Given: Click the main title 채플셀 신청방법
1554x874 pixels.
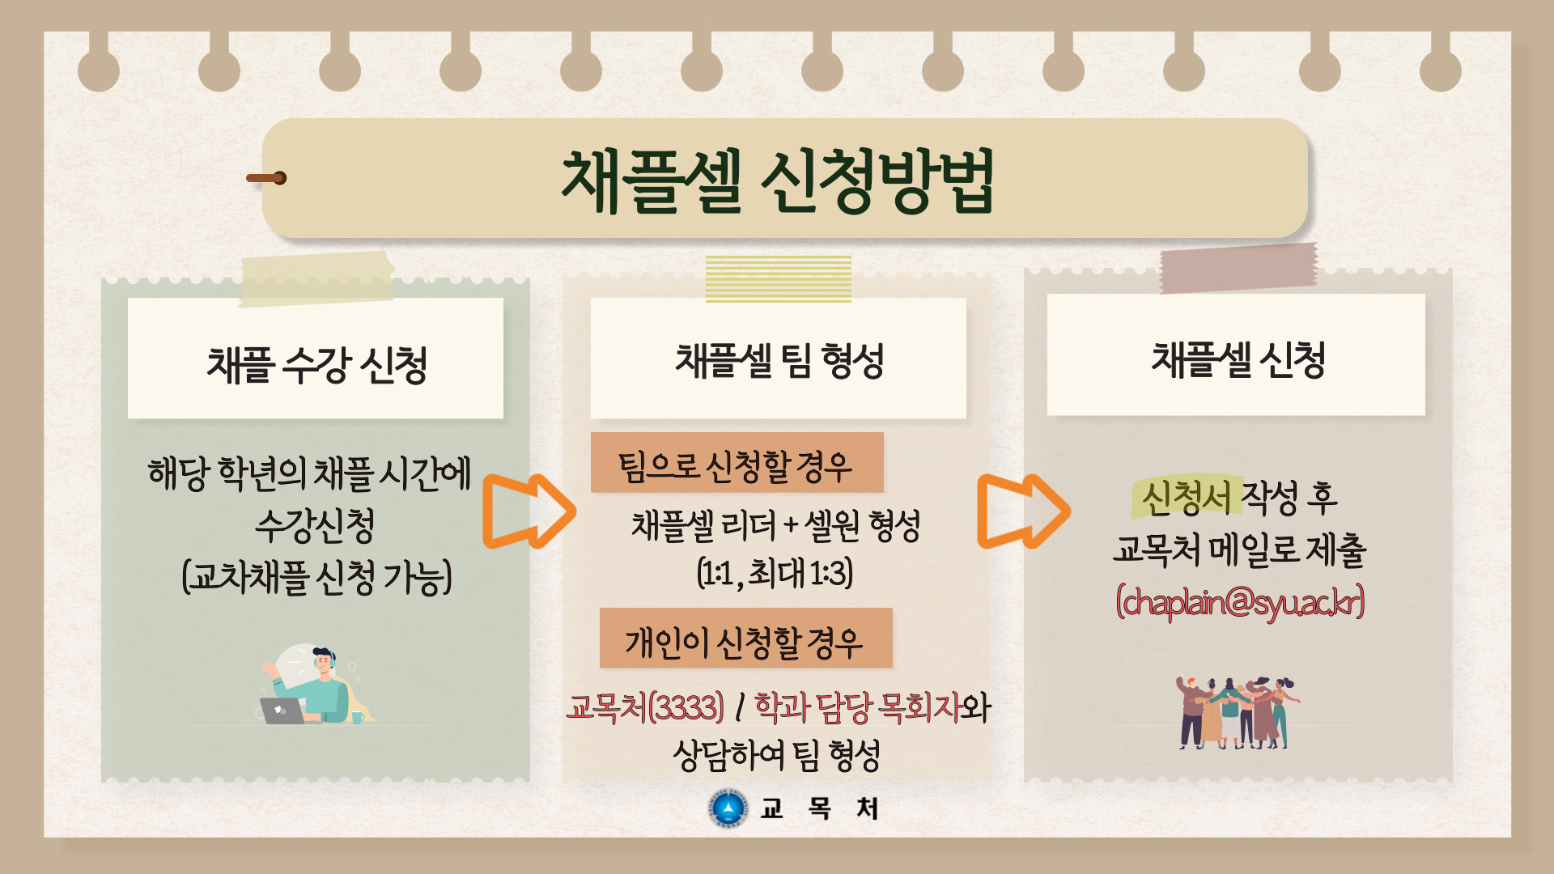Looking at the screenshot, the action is pyautogui.click(x=778, y=181).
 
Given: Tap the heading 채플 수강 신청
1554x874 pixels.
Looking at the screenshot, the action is pyautogui.click(x=316, y=363).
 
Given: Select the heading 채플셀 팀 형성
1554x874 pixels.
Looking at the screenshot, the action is pyautogui.click(x=779, y=360).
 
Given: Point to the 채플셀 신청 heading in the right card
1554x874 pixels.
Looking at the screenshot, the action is pyautogui.click(x=1238, y=359).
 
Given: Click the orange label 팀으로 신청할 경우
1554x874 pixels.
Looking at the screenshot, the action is pyautogui.click(x=736, y=465).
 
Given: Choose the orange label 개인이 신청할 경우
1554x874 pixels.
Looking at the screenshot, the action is pyautogui.click(x=744, y=642).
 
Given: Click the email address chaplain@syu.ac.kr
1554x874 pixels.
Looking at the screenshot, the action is pyautogui.click(x=1240, y=602).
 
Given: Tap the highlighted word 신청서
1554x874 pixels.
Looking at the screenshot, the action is pyautogui.click(x=1186, y=497).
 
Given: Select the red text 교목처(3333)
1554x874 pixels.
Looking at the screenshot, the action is pyautogui.click(x=645, y=706).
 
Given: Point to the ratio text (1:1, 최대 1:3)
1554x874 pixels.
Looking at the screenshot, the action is pyautogui.click(x=775, y=573).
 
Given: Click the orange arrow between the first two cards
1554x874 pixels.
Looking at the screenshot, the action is pyautogui.click(x=530, y=511).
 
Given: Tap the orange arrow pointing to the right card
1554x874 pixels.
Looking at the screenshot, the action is pyautogui.click(x=1025, y=511).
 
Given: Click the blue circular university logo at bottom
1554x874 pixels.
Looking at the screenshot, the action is pyautogui.click(x=728, y=808).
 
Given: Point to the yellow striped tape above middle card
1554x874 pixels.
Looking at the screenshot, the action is pyautogui.click(x=779, y=278).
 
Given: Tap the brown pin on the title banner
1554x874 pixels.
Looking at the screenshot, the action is pyautogui.click(x=266, y=178).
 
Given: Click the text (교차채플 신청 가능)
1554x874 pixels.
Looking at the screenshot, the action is pyautogui.click(x=316, y=577).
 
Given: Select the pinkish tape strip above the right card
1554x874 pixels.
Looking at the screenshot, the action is pyautogui.click(x=1239, y=268).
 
